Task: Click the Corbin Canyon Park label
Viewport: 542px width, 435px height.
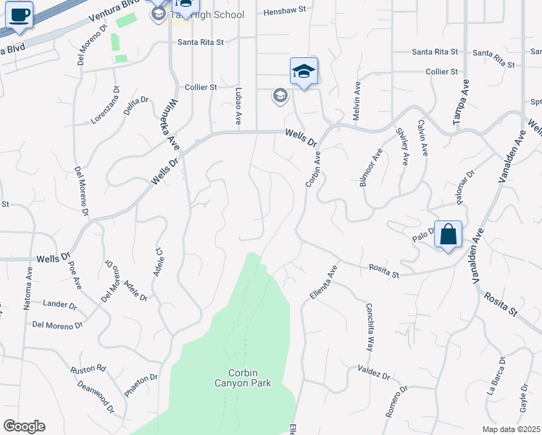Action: tap(243, 378)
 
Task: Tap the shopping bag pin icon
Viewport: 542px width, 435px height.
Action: tap(449, 235)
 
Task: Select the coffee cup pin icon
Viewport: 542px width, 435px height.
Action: tap(19, 15)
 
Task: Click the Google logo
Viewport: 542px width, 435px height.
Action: tap(24, 426)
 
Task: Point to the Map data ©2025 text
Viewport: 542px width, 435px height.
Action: tap(511, 429)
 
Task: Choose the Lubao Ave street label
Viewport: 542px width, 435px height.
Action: tap(238, 105)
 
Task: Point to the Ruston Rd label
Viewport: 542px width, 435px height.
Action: tap(88, 369)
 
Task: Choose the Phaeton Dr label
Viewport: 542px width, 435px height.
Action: tap(141, 385)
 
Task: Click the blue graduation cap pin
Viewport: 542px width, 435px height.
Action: tap(304, 71)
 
